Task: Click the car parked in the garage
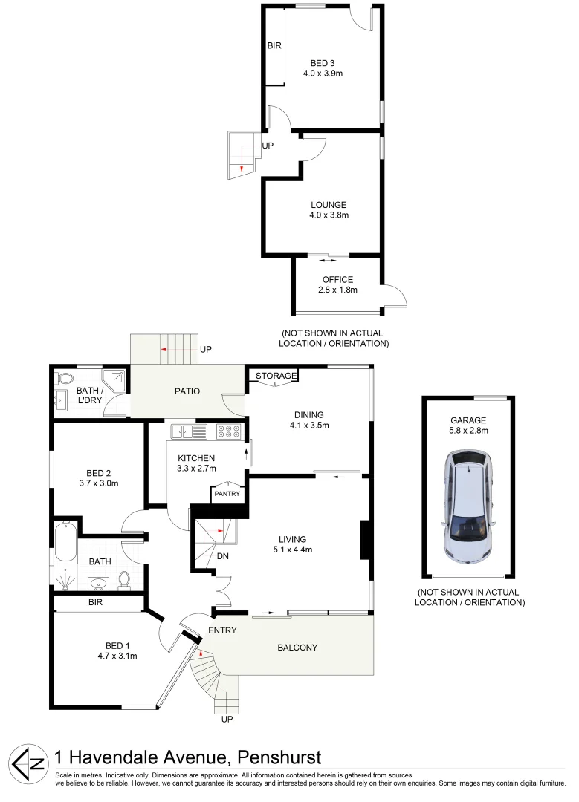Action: click(x=469, y=507)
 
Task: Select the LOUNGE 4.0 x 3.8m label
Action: click(x=329, y=210)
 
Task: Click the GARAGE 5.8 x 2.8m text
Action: click(x=468, y=424)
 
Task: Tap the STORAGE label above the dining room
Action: click(x=276, y=376)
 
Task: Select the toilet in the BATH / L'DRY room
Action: click(x=63, y=376)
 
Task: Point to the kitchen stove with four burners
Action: click(x=228, y=431)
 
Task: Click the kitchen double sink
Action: click(x=184, y=431)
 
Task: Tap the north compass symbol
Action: click(x=28, y=763)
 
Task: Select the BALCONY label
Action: click(x=297, y=648)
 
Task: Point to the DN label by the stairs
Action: click(x=222, y=556)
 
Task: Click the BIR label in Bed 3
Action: click(x=274, y=46)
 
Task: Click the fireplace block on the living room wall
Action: click(x=365, y=540)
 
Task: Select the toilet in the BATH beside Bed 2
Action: click(x=125, y=578)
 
